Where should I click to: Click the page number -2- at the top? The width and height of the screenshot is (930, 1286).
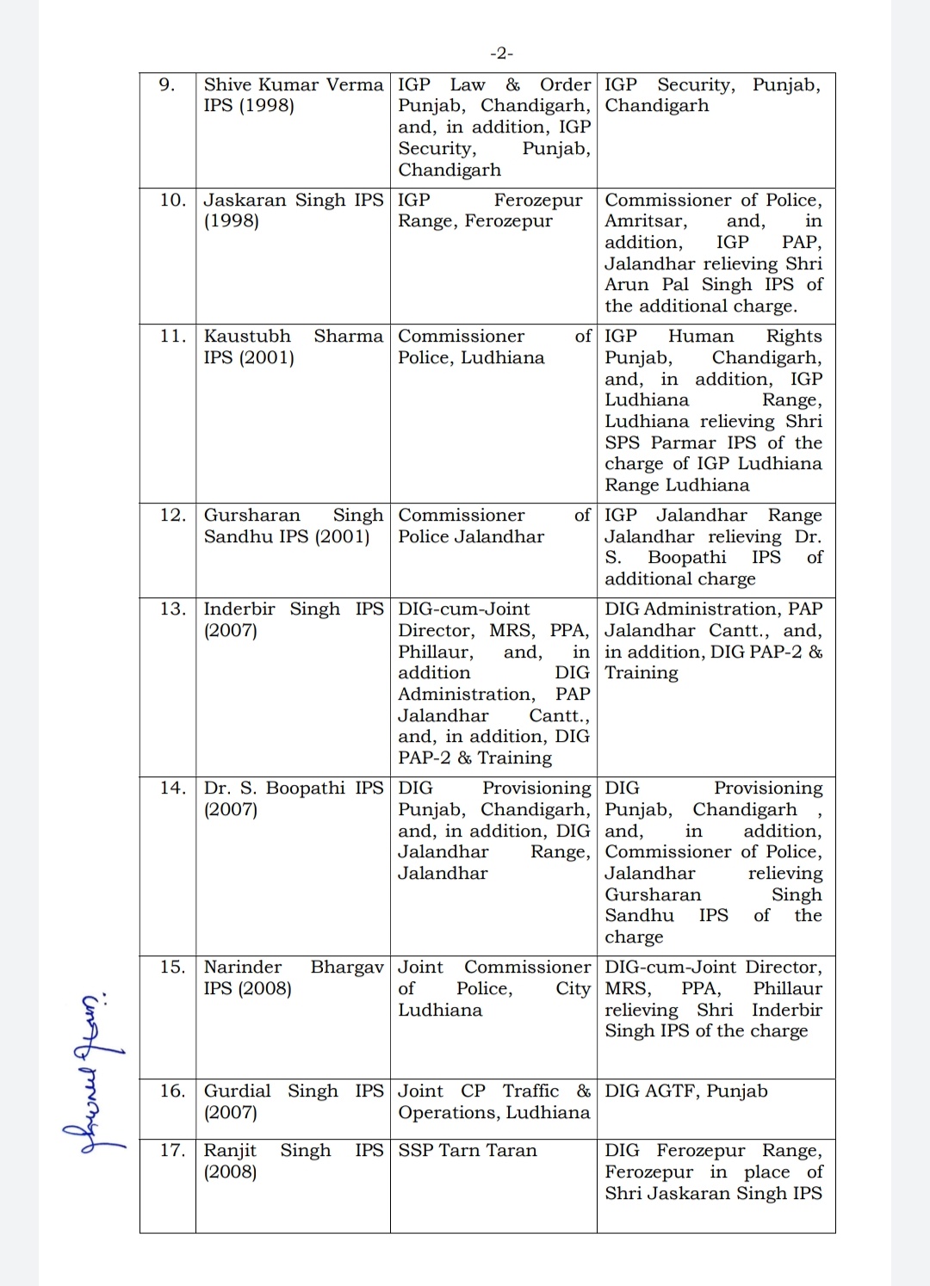pos(501,53)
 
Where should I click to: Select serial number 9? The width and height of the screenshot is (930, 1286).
pos(167,84)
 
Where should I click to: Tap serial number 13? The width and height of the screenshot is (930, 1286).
pos(172,609)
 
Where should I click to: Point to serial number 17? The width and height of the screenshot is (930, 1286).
pos(172,1150)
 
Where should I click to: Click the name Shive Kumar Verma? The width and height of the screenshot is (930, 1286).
pos(293,84)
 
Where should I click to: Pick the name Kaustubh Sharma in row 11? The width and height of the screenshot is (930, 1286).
pos(293,336)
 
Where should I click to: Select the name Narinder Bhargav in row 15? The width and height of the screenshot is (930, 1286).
pos(293,967)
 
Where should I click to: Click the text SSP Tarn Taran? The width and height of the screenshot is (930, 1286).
pos(467,1150)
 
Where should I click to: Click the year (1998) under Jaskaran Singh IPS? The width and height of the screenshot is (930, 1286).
pos(231,221)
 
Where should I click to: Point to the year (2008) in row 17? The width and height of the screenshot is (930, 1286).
pos(230,1172)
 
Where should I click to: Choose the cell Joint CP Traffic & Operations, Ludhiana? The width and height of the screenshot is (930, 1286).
pos(493,1102)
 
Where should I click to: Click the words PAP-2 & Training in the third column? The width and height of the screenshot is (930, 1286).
pos(474,757)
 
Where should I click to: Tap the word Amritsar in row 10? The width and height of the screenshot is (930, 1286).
pos(645,221)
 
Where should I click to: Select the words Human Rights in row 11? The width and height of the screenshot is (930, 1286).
pos(745,336)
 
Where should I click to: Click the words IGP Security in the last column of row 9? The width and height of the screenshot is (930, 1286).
pos(668,84)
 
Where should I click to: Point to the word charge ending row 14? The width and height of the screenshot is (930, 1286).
pos(634,937)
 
